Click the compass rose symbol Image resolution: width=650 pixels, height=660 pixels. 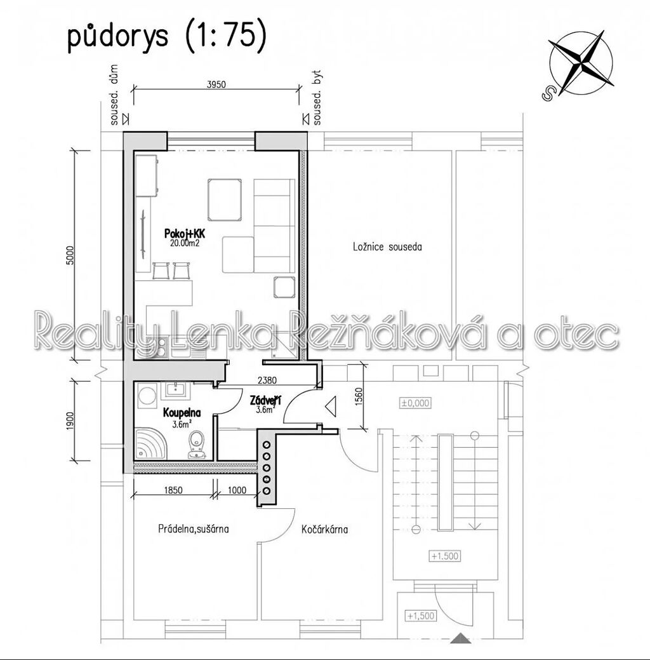click(581, 63)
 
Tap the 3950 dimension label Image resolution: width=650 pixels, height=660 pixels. click(216, 84)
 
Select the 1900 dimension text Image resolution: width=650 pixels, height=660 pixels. click(70, 421)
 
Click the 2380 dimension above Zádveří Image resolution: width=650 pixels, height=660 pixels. click(267, 381)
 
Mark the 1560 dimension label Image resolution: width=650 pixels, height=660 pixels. click(359, 396)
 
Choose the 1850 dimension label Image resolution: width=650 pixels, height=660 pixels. click(173, 490)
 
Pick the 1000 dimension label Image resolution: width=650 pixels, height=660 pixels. click(237, 490)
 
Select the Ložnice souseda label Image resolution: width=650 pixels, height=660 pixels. click(387, 246)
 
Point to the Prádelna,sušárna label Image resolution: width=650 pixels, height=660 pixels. click(194, 529)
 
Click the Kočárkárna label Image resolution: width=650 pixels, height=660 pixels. click(325, 529)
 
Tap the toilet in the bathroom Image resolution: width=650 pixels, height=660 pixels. click(196, 445)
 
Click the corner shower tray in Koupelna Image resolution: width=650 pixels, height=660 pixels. click(150, 444)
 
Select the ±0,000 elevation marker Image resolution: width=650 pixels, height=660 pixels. click(415, 403)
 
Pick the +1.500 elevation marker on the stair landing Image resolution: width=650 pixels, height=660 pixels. click(445, 556)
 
